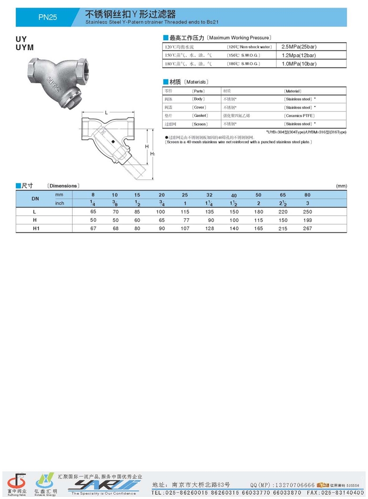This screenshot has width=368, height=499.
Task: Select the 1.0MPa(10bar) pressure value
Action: pyautogui.click(x=299, y=63)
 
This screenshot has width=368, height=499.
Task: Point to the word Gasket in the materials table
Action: pyautogui.click(x=199, y=116)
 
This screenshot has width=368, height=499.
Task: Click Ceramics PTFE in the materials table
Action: pyautogui.click(x=299, y=116)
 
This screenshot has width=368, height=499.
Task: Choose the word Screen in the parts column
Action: pyautogui.click(x=199, y=124)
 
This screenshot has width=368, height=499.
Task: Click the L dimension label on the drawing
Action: pyautogui.click(x=107, y=112)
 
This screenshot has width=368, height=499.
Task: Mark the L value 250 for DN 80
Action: pyautogui.click(x=308, y=212)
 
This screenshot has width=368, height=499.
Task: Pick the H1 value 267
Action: pyautogui.click(x=308, y=228)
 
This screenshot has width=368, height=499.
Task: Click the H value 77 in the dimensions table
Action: pyautogui.click(x=185, y=220)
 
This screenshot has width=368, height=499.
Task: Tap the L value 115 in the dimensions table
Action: pyautogui.click(x=185, y=212)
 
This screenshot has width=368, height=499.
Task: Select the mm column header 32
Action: pyautogui.click(x=209, y=195)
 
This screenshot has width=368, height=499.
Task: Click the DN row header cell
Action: pyautogui.click(x=35, y=199)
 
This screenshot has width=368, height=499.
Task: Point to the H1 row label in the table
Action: pyautogui.click(x=35, y=228)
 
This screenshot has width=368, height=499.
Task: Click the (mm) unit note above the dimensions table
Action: pyautogui.click(x=341, y=186)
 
